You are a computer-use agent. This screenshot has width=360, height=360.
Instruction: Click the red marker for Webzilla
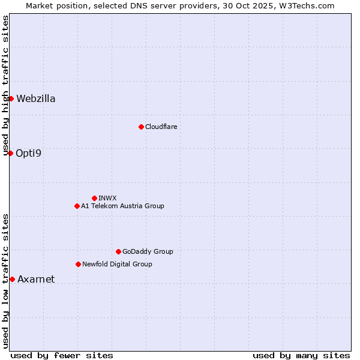coord(11,98)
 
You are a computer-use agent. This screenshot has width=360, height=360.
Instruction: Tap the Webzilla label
coord(36,99)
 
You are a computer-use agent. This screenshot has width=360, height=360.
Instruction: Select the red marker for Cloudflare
coord(141,127)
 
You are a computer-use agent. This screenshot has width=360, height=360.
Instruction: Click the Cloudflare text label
coord(161,127)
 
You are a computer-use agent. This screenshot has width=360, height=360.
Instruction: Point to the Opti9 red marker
coord(10,153)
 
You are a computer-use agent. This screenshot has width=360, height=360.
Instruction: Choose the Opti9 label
coord(29,154)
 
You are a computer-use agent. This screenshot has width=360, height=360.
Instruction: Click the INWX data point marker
coord(94,198)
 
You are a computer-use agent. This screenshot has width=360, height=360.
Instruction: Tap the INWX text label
coord(107,199)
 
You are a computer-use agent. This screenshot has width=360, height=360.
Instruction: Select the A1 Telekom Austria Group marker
coord(77,206)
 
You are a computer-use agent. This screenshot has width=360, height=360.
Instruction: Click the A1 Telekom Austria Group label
coord(122,206)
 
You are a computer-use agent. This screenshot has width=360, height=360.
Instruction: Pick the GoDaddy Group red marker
coord(118,251)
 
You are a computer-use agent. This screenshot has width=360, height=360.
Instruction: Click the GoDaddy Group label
coord(148,252)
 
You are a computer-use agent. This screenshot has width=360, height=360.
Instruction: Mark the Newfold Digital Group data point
coord(78,264)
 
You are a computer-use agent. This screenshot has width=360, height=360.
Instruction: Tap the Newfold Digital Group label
coord(117,265)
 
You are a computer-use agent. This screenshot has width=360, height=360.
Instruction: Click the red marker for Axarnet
coord(12,279)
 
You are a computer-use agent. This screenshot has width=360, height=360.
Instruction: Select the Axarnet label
coord(36,280)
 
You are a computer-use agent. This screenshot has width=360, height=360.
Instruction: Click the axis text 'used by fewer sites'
coord(62,355)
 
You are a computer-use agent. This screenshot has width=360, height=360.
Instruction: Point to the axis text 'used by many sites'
coord(301,355)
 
